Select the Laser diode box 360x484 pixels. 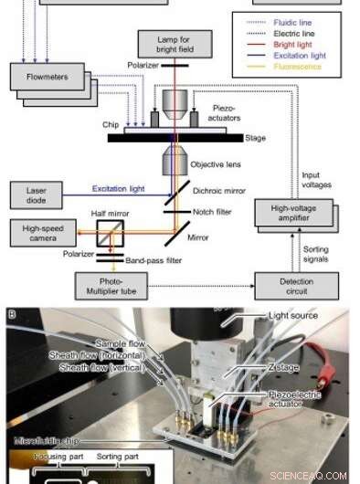coord(37,194)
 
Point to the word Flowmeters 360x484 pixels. coord(45,78)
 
